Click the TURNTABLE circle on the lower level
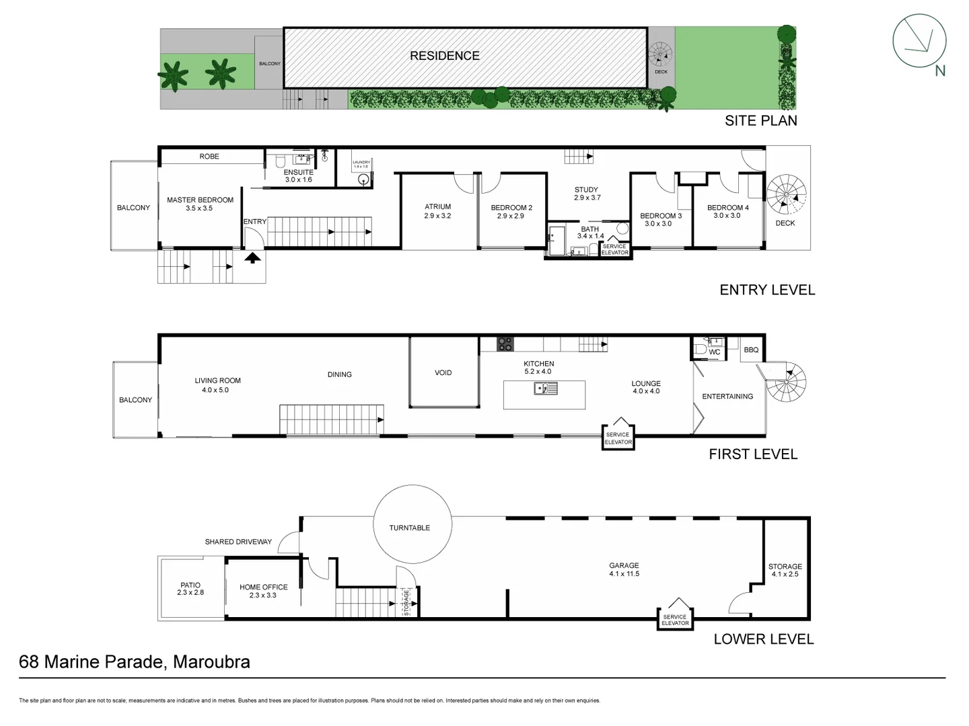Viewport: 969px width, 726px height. click(x=409, y=528)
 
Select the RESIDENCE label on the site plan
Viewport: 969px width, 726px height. click(x=445, y=56)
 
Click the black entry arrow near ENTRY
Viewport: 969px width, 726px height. click(x=252, y=257)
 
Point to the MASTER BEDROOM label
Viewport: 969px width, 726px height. click(x=200, y=200)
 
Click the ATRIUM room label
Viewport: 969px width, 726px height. click(x=437, y=207)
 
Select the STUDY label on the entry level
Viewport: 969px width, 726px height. click(x=586, y=190)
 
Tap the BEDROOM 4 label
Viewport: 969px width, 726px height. click(x=727, y=208)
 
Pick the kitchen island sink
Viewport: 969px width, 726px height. click(x=544, y=388)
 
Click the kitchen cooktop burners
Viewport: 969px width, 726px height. click(x=505, y=344)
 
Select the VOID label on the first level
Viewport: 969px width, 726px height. click(x=443, y=372)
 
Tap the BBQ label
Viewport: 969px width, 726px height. click(x=751, y=350)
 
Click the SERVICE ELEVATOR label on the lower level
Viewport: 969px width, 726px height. click(x=675, y=620)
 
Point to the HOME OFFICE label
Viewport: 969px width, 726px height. click(x=263, y=587)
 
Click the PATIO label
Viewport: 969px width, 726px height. click(x=190, y=585)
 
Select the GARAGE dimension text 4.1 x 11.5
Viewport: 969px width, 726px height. click(x=624, y=574)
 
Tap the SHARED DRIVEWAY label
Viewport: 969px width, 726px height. click(x=238, y=542)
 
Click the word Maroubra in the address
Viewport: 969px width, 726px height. click(x=211, y=662)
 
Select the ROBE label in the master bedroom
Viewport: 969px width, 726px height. click(x=209, y=157)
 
